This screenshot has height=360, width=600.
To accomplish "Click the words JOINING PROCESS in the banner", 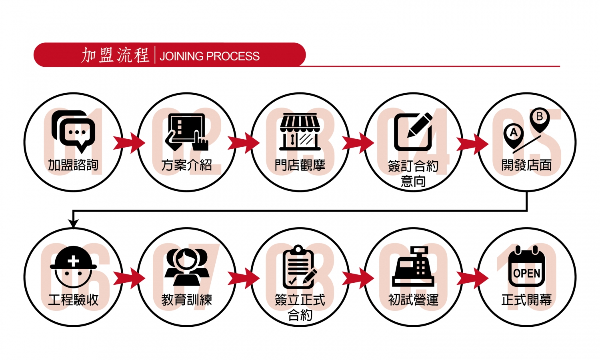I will tap(210, 56).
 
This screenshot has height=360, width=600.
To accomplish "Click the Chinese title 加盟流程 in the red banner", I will tap(115, 55).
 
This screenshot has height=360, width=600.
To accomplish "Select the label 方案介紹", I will tap(186, 165).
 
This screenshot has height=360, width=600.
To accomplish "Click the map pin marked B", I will tap(540, 119).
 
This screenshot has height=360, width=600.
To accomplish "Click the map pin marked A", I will tap(514, 134).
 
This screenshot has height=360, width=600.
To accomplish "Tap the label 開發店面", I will tap(526, 165).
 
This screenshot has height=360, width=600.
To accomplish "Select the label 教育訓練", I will tap(186, 300).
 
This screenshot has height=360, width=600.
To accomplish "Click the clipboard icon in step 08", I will tap(299, 267).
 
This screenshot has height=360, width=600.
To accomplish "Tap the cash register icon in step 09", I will tap(413, 267).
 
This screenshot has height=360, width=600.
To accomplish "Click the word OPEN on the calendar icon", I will tap(526, 273).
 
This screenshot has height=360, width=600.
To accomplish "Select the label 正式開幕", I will tap(526, 300).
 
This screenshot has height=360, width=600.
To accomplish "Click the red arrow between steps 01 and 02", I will tap(129, 143).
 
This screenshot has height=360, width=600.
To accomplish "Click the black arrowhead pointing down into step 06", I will tap(73, 223).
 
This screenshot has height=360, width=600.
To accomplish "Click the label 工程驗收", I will tap(73, 300).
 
